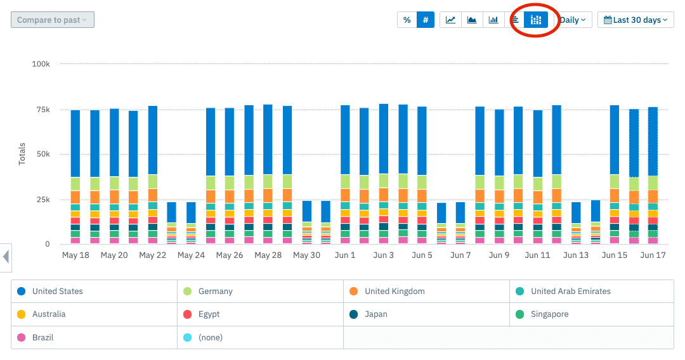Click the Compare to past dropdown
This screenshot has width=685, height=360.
click(53, 20)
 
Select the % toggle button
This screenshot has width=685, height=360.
click(407, 20)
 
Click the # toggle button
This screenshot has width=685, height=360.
click(426, 20)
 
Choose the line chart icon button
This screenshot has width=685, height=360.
click(450, 20)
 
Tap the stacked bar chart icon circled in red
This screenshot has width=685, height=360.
click(537, 20)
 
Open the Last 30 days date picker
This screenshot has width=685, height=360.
click(636, 20)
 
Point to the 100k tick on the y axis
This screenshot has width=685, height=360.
click(41, 64)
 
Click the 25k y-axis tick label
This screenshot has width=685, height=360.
click(42, 200)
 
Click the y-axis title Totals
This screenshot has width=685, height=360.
click(22, 154)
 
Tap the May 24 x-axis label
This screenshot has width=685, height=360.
click(191, 255)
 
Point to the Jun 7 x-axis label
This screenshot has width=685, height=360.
click(460, 255)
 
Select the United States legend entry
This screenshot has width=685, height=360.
click(57, 292)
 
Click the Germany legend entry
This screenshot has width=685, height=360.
click(215, 292)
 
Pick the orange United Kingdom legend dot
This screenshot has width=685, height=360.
click(353, 292)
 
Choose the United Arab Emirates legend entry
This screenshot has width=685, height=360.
click(570, 292)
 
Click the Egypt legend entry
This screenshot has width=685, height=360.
click(209, 314)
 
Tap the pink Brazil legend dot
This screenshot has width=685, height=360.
click(22, 337)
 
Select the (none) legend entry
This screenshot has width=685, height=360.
click(210, 337)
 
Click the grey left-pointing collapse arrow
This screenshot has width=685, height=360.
click(6, 257)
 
